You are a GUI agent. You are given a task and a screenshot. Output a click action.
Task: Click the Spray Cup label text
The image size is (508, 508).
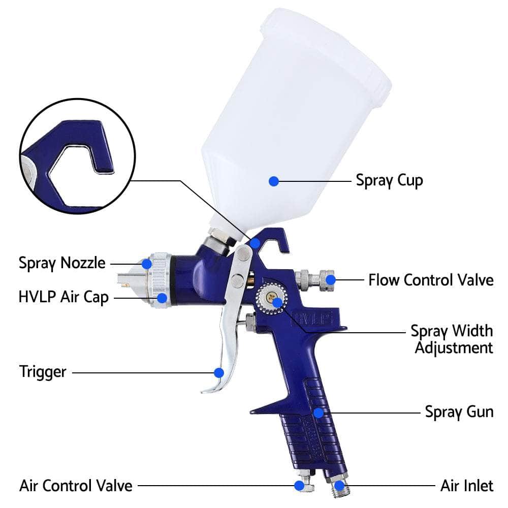[x=389, y=180]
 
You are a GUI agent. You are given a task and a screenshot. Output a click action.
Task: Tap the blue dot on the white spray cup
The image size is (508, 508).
[x=274, y=180]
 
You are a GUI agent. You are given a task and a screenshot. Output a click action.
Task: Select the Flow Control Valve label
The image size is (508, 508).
[x=431, y=280]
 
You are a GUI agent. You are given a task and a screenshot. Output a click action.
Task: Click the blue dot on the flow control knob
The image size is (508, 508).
[x=331, y=279]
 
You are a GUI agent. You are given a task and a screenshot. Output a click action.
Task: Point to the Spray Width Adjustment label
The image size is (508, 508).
[x=451, y=339]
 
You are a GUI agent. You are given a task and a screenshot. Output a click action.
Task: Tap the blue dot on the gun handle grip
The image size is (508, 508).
[x=318, y=412]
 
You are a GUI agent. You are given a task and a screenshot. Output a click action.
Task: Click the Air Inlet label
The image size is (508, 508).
[x=466, y=485]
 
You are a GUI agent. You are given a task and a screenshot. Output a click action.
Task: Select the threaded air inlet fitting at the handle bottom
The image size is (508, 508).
[x=339, y=487]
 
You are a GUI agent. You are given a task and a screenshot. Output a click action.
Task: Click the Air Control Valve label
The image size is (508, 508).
[x=76, y=485]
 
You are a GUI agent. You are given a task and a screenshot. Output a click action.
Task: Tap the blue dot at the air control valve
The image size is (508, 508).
[x=300, y=485]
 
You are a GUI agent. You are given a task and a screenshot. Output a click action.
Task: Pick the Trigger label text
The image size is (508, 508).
[x=43, y=371]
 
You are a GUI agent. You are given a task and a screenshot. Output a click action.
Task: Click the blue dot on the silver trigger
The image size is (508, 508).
[x=219, y=372]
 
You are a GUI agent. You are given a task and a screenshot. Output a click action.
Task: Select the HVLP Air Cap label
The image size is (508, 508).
[x=63, y=297]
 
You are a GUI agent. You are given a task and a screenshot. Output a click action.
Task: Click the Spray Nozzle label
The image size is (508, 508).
[x=62, y=263]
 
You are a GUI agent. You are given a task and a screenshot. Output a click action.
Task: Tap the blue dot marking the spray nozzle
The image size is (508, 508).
[x=147, y=264]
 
